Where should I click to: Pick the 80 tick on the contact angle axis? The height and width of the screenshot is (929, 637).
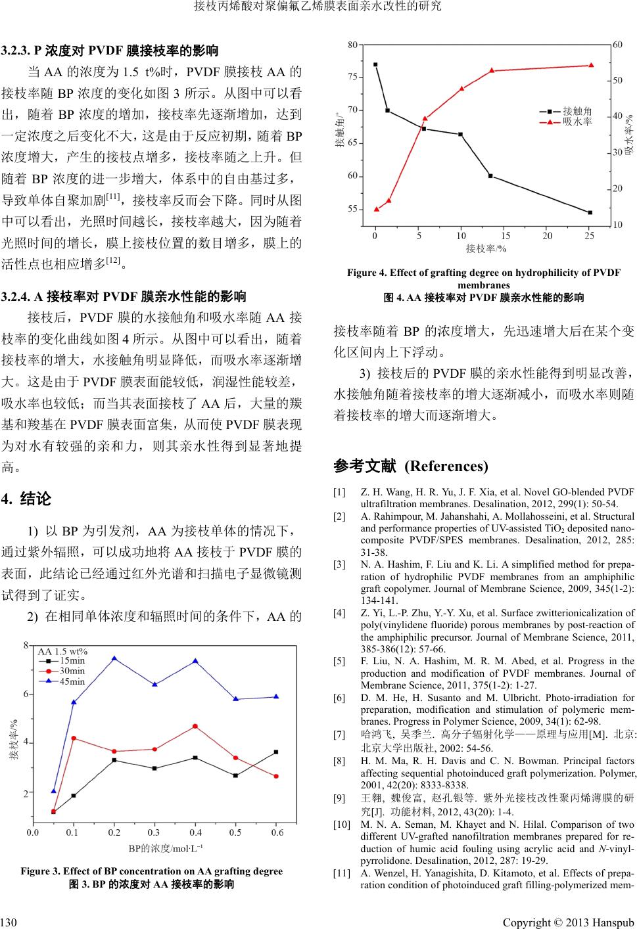(353, 45)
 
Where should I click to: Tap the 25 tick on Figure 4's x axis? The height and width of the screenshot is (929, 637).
(589, 235)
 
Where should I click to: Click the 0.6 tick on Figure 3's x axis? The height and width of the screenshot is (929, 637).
(277, 832)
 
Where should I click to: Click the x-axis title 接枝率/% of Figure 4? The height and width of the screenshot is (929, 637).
(486, 248)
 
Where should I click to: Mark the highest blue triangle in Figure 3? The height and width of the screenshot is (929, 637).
(114, 658)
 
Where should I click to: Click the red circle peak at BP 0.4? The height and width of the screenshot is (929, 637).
(195, 726)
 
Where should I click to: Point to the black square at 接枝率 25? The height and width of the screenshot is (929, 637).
(590, 213)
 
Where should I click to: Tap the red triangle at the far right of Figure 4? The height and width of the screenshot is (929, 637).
(590, 65)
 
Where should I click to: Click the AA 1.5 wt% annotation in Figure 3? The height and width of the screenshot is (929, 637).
(62, 651)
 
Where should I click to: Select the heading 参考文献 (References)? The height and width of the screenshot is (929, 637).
(411, 466)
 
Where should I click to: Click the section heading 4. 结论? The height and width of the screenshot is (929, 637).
(27, 499)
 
